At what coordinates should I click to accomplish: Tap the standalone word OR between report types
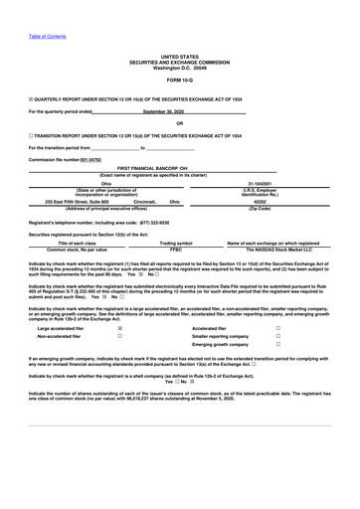(180, 123)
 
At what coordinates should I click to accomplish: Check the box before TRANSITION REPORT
(31, 134)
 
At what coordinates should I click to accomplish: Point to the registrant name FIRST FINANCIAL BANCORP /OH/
(180, 169)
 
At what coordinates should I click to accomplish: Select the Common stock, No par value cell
(78, 249)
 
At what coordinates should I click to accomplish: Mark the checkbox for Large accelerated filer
(119, 327)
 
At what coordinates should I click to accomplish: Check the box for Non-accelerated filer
(119, 336)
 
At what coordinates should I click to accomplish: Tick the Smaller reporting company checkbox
(277, 336)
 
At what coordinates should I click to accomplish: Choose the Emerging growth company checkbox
(277, 345)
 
